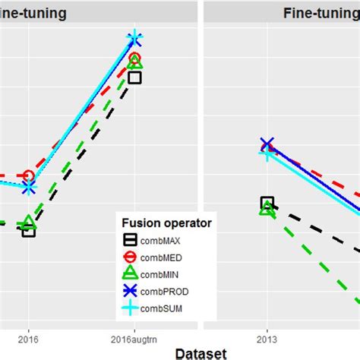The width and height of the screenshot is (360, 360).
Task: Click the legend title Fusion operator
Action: pos(166,223)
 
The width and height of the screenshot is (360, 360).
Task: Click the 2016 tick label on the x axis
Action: pos(28,332)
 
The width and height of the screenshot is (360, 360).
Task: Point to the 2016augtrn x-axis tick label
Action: pos(134,332)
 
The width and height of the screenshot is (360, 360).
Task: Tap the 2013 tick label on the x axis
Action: pos(267,332)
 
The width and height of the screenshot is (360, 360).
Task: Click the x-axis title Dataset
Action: pos(201,352)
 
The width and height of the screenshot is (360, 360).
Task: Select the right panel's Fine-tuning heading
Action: pos(317,12)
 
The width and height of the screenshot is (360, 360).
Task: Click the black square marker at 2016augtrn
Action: pos(134,77)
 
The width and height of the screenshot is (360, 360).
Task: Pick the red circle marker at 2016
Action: pos(28,176)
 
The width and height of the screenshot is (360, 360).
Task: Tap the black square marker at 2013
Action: pos(267,203)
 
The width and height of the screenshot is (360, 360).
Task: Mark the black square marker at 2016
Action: pos(28,230)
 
